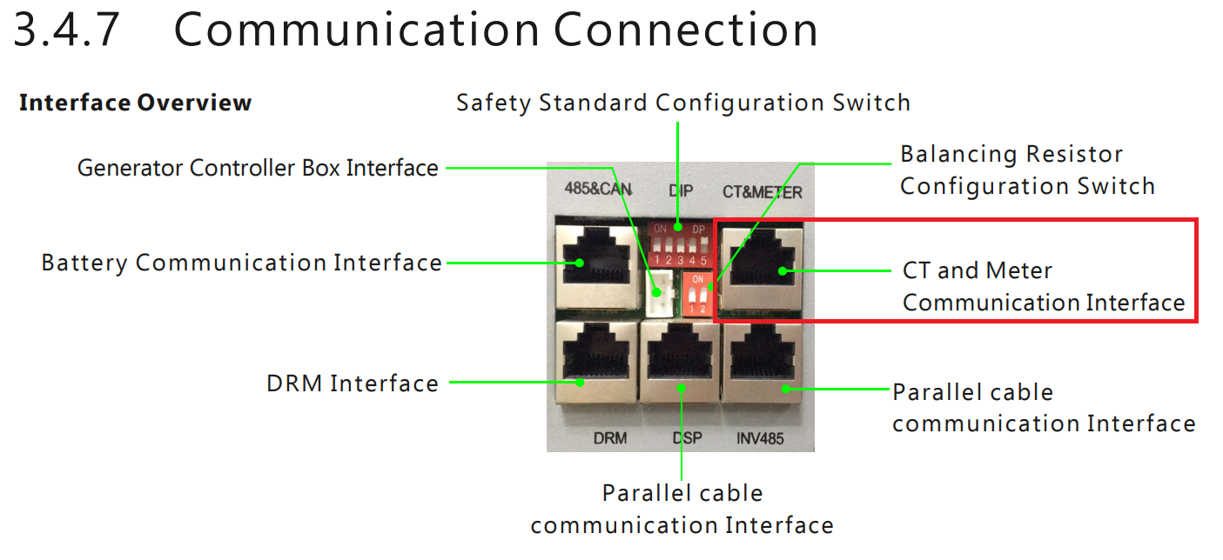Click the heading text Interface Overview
[x=135, y=103]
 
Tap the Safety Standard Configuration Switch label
[x=683, y=103]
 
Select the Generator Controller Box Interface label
[x=258, y=167]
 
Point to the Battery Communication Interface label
[x=241, y=262]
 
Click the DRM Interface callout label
[x=353, y=383]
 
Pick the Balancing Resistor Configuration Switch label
[x=1027, y=170]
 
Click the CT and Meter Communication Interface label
[x=1043, y=286]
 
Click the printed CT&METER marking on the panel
[x=763, y=191]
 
